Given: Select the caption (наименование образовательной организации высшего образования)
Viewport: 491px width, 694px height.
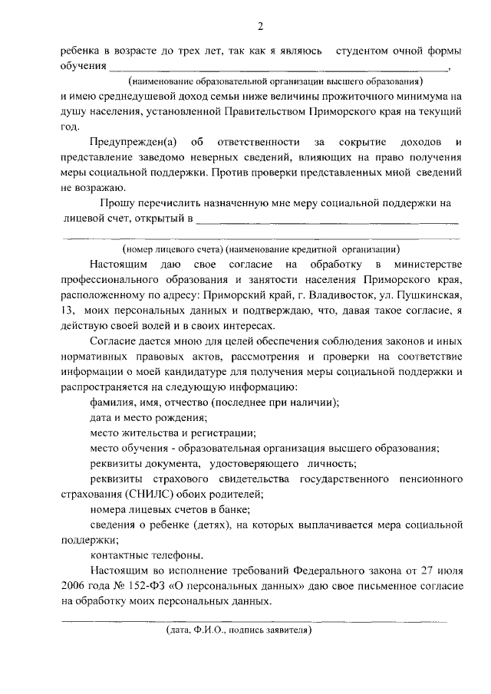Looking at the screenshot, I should coord(276,81).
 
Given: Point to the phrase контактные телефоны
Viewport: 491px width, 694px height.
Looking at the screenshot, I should coord(136,555).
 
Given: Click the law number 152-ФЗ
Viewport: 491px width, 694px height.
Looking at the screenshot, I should coord(144,586).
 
